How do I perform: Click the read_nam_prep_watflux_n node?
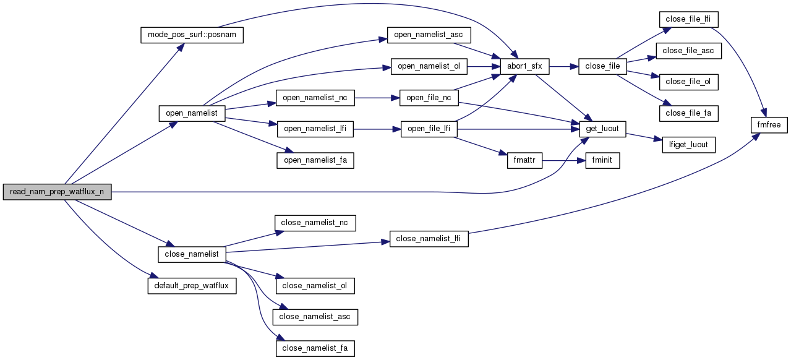tap(57, 192)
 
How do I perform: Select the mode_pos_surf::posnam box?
tap(192, 35)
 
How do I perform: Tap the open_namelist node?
tap(192, 113)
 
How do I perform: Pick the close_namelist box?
tap(192, 254)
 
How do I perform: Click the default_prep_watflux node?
tap(192, 286)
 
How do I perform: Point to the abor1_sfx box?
tap(521, 66)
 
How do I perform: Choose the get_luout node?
tap(603, 129)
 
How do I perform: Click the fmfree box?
tap(769, 126)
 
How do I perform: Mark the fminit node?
tap(598, 161)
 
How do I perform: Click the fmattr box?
tap(524, 161)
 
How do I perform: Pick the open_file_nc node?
tap(429, 98)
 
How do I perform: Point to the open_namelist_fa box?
tap(315, 161)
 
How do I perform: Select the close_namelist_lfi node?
tap(429, 239)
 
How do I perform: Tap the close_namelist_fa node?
tap(315, 348)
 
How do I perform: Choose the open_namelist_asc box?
tap(429, 35)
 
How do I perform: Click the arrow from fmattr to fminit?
tap(560, 161)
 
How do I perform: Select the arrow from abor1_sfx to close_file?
tap(562, 66)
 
